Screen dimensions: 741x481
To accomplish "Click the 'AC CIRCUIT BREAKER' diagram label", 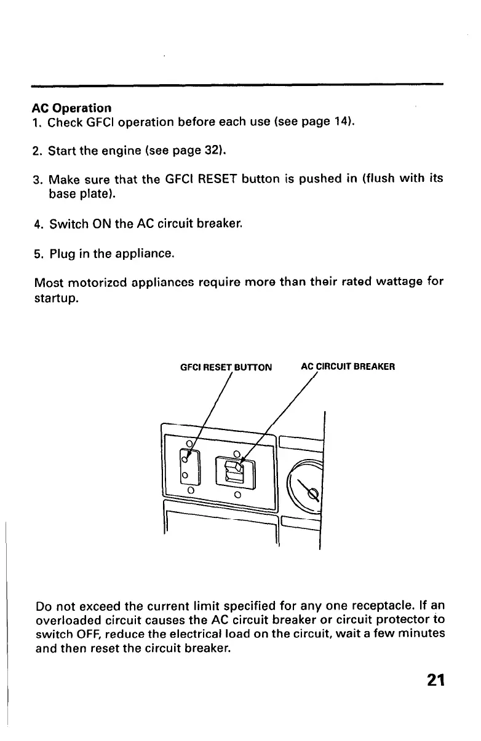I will click(348, 367).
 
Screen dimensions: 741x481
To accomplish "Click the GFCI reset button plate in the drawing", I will click(188, 466).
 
